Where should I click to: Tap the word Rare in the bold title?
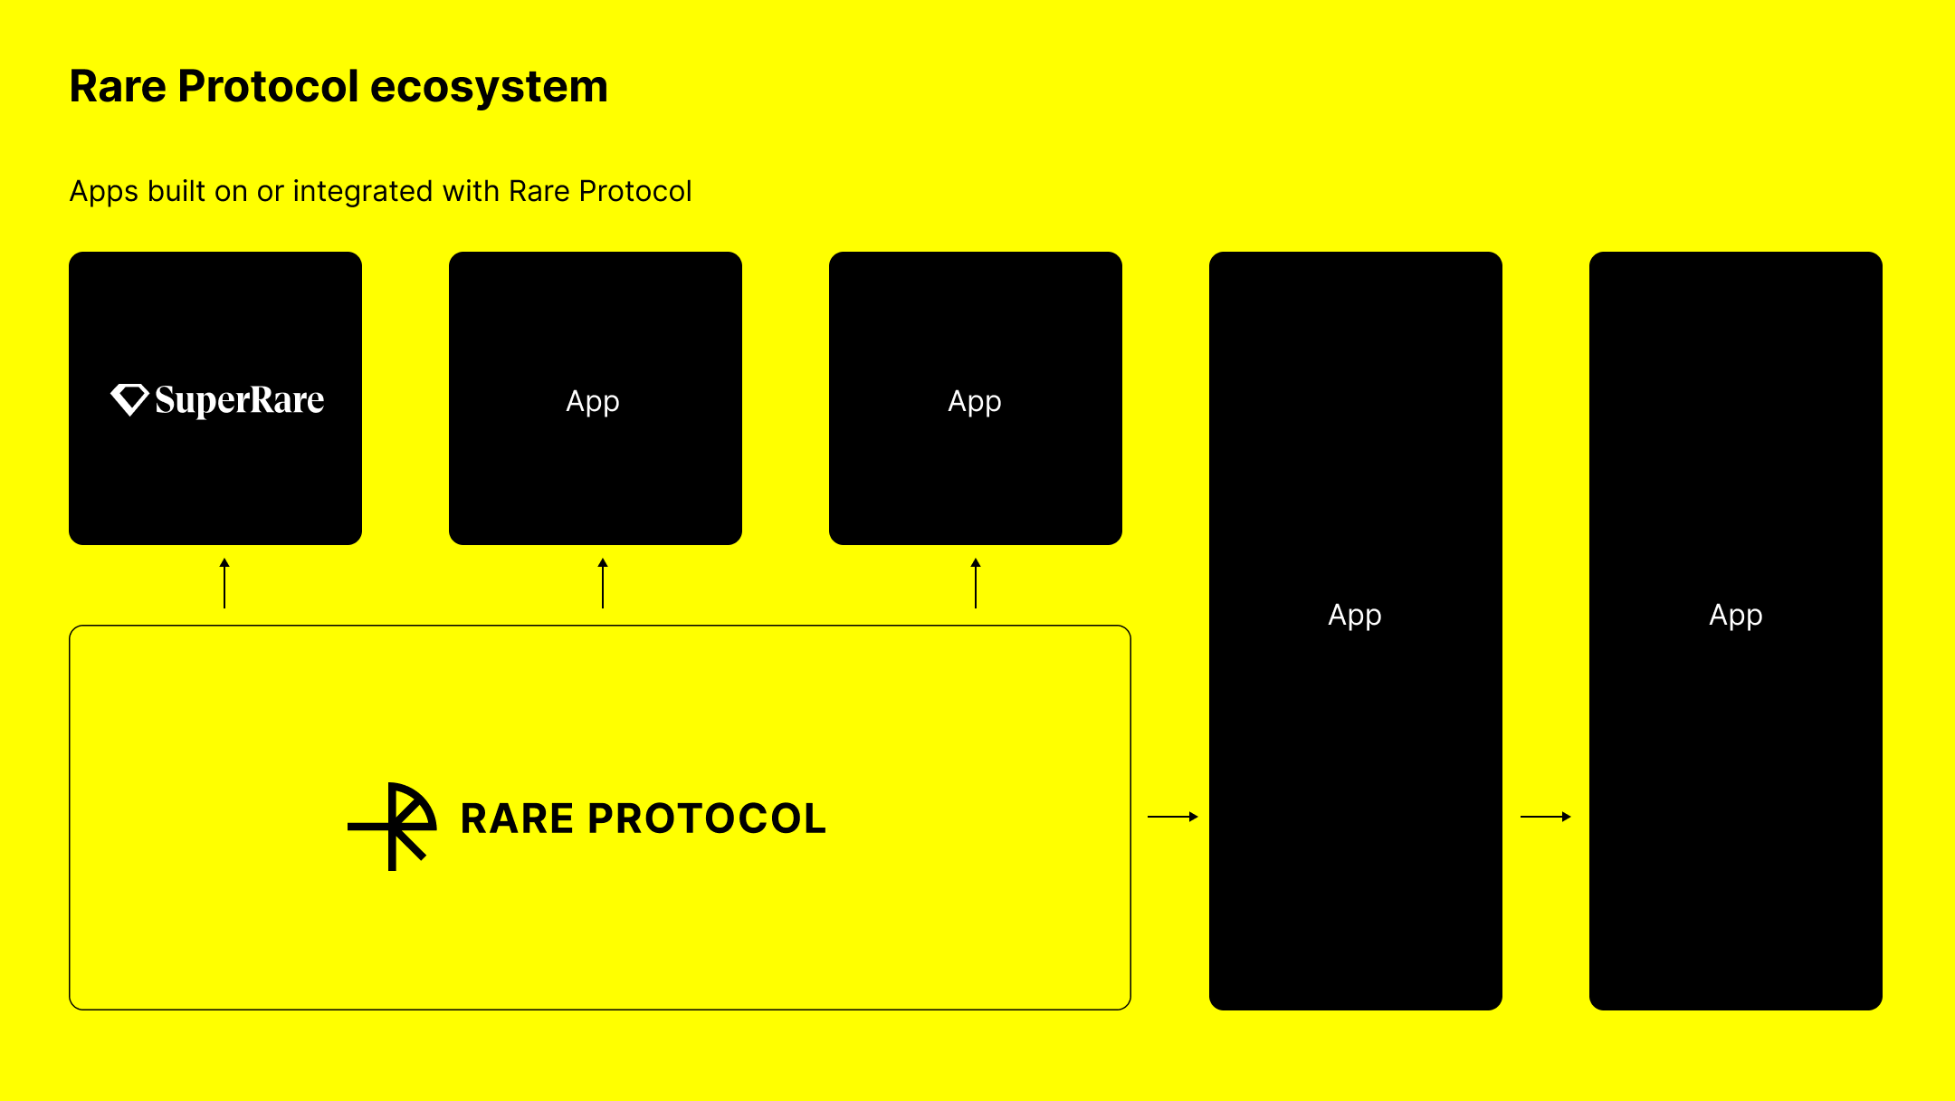pyautogui.click(x=118, y=87)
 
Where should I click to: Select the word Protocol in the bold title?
pyautogui.click(x=269, y=87)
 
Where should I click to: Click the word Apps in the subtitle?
pyautogui.click(x=104, y=192)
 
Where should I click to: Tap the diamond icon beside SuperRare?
pyautogui.click(x=129, y=399)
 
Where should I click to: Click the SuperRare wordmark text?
pyautogui.click(x=240, y=400)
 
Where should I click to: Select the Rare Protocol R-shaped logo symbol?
pyautogui.click(x=392, y=826)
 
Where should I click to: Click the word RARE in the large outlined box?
pyautogui.click(x=517, y=819)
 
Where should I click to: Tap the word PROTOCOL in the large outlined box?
pyautogui.click(x=707, y=819)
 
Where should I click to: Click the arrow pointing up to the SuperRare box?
pyautogui.click(x=224, y=583)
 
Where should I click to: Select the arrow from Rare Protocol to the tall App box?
pyautogui.click(x=1173, y=817)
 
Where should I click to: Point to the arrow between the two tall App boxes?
pyautogui.click(x=1546, y=817)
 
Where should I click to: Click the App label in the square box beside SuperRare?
pyautogui.click(x=593, y=401)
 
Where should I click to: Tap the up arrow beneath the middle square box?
pyautogui.click(x=603, y=583)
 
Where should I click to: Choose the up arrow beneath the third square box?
pyautogui.click(x=976, y=583)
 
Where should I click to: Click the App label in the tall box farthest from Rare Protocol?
pyautogui.click(x=1736, y=616)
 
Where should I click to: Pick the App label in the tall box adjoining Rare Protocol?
pyautogui.click(x=1355, y=616)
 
